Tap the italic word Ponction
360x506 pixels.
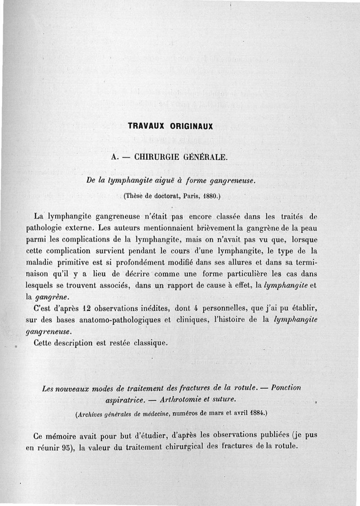tap(286, 388)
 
